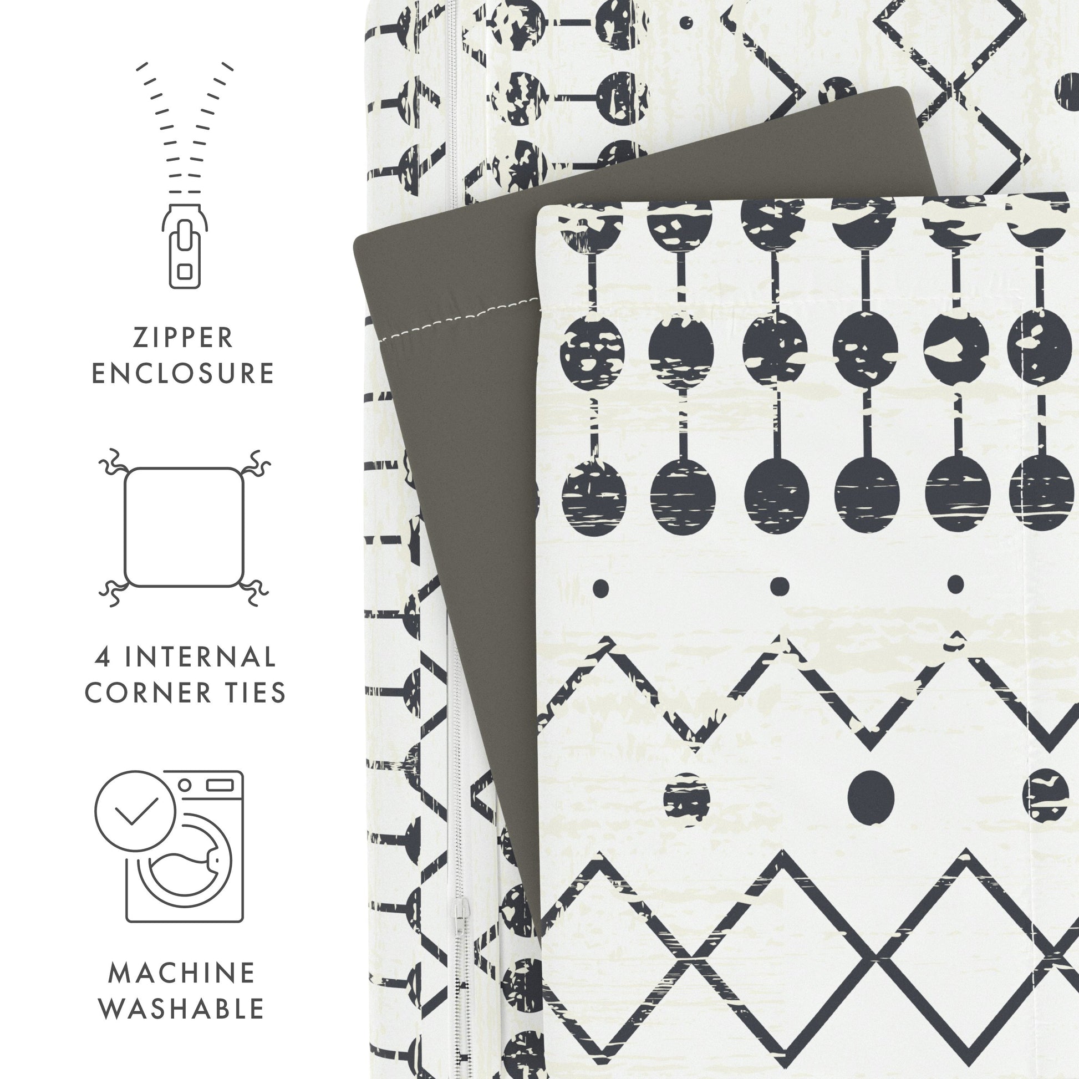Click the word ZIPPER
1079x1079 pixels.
coord(182,338)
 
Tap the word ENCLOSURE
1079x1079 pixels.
coord(182,374)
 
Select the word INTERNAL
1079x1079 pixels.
coord(200,657)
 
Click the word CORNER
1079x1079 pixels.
coord(148,693)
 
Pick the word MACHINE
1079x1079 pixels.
coord(181,973)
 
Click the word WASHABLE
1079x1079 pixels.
coord(181,1009)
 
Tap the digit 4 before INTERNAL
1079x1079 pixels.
coord(101,658)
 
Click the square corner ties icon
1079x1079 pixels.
coord(184,527)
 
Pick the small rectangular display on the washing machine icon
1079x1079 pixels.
coord(220,785)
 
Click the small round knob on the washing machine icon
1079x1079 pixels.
coord(185,785)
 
